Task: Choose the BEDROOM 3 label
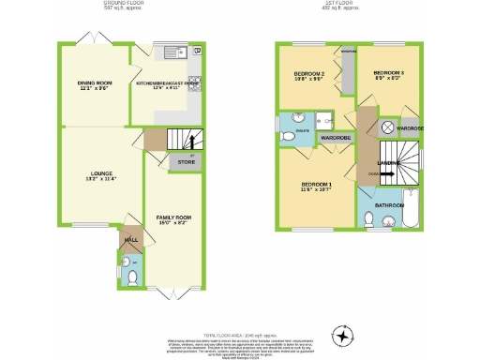point(388,73)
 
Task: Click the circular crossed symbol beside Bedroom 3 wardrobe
point(384,127)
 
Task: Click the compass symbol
point(343,335)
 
